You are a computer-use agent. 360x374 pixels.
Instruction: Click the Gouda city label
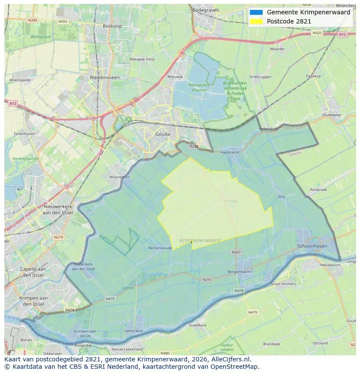163,134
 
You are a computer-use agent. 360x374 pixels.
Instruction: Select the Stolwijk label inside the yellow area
231,201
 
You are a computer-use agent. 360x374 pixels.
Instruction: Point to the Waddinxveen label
104,77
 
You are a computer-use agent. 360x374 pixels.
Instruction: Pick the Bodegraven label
206,10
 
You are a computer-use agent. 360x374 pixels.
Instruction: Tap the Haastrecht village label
230,152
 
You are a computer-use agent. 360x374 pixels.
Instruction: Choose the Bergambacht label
240,271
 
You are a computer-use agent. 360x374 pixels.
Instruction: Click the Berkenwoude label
160,248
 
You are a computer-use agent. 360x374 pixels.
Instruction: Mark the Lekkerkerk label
133,331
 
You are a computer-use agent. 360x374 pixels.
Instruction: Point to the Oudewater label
332,115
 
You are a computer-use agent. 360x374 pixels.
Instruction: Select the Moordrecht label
119,177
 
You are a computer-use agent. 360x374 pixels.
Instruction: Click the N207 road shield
236,252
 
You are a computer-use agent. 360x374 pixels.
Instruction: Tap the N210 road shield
207,279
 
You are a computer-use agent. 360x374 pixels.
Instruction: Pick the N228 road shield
194,146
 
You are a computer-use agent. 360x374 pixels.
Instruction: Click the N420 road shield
317,33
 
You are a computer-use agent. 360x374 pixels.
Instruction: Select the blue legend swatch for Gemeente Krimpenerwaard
257,13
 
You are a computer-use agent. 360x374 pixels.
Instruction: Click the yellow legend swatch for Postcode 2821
257,21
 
